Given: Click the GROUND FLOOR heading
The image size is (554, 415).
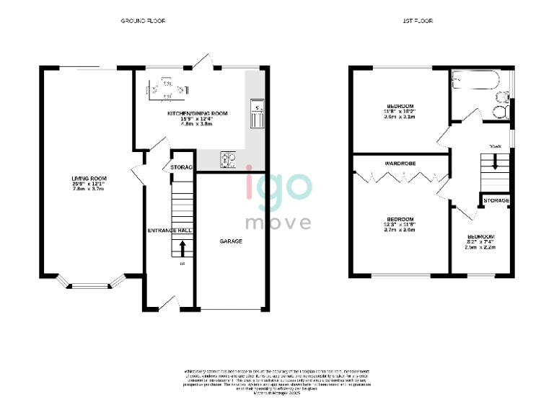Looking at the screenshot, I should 143,22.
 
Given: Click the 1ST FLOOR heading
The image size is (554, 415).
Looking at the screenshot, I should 418,22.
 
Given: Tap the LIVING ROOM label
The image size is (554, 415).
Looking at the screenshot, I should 89,179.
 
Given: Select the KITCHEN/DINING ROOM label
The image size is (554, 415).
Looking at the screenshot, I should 198,114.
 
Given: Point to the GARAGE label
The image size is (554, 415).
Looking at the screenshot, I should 231,241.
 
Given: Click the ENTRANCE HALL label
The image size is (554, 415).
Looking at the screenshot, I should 169,230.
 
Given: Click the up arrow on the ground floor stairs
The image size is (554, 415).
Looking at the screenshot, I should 182,249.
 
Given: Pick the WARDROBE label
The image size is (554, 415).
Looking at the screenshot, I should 400,164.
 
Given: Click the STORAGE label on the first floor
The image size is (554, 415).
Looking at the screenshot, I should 496,200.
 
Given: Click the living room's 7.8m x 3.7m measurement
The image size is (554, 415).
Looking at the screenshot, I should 89,190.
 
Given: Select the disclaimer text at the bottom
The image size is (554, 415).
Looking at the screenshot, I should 278,380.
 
